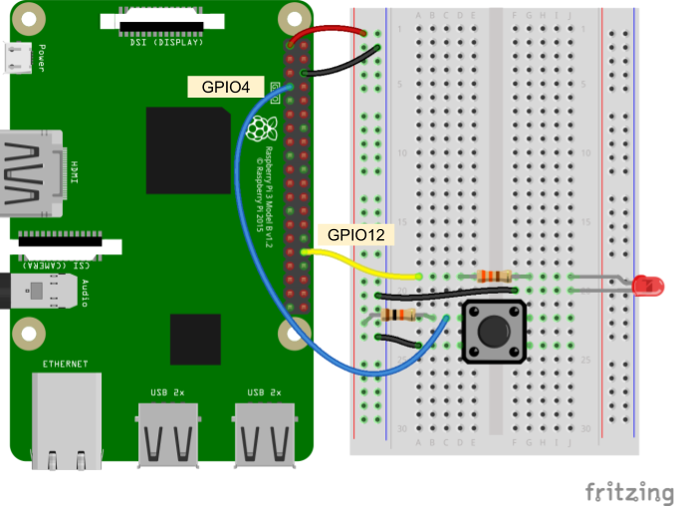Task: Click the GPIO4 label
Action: [225, 87]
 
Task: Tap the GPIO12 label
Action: [355, 235]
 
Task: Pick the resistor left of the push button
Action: [398, 316]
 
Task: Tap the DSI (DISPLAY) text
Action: [166, 42]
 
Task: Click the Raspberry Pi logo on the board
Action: [261, 129]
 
